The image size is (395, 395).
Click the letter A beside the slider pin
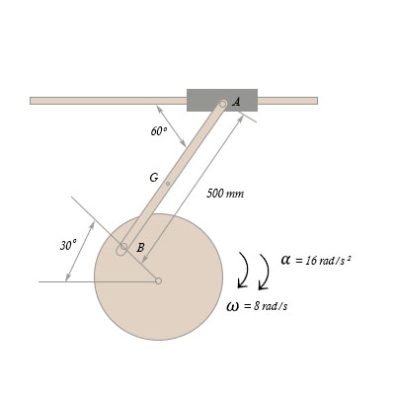[236, 102]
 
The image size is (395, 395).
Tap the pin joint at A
[223, 104]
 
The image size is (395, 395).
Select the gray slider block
[222, 100]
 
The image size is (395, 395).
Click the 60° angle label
[159, 131]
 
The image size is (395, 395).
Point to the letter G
[154, 178]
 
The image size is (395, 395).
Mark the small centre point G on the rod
[168, 184]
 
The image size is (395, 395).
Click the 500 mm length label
[225, 194]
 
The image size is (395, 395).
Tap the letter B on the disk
[140, 247]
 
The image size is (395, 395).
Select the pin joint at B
[123, 246]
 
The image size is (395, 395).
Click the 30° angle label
[68, 245]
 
